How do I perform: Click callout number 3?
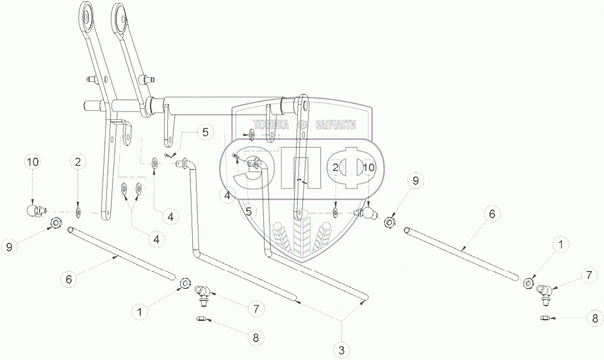pos(341,350)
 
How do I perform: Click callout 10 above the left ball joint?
pos(33,163)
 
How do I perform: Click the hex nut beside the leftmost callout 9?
pos(55,223)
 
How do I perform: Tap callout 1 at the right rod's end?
pos(560,244)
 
